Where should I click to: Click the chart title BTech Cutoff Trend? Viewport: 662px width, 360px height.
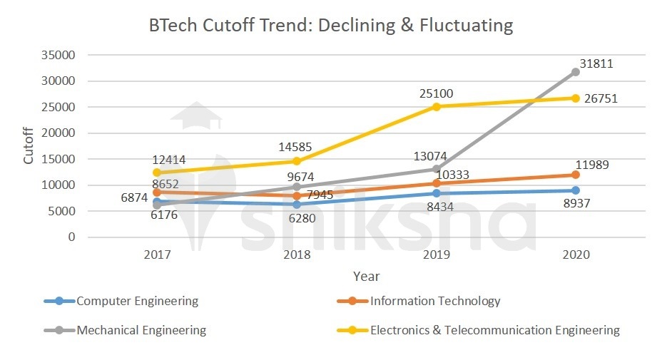click(x=331, y=26)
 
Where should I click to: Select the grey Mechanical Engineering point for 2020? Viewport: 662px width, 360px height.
click(x=575, y=72)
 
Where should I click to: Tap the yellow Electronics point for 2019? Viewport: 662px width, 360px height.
click(x=436, y=107)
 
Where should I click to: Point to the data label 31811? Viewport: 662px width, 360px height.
click(x=596, y=63)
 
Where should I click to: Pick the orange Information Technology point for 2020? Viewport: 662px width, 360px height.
click(x=575, y=175)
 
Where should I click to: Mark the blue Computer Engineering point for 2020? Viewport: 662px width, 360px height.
click(x=575, y=190)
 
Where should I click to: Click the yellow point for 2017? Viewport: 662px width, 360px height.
click(x=157, y=173)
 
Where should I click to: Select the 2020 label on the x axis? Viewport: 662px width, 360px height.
click(x=575, y=254)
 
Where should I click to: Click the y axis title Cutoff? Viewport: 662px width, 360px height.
click(x=29, y=146)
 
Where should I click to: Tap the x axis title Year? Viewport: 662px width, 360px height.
click(x=366, y=276)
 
